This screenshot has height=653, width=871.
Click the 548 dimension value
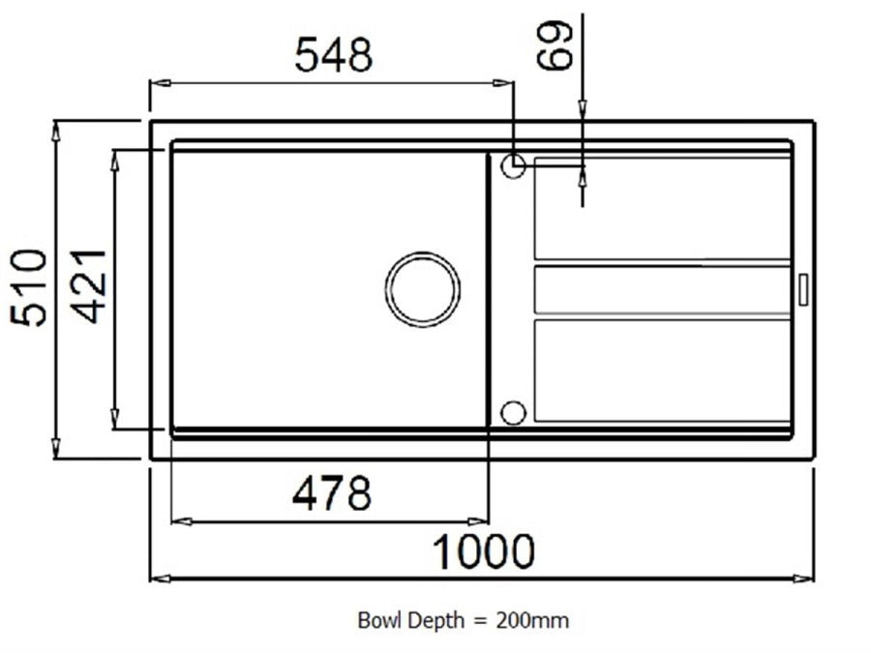[x=333, y=54]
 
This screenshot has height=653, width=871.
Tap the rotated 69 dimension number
[x=554, y=45]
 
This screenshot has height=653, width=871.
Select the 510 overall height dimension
[x=29, y=287]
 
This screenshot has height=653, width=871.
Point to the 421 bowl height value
[x=89, y=286]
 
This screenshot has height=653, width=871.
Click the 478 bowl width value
[x=332, y=493]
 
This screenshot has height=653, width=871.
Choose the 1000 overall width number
[x=483, y=551]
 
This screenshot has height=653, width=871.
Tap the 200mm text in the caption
[x=532, y=620]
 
